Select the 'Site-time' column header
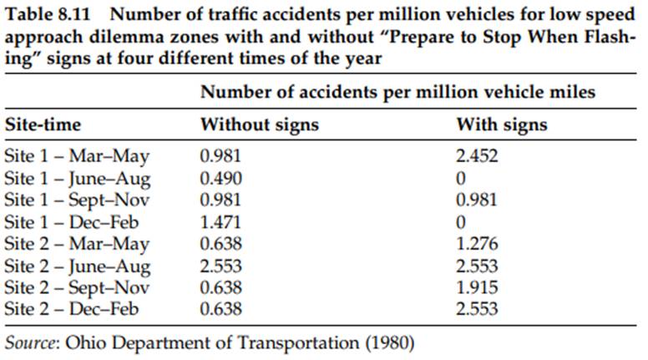pos(43,125)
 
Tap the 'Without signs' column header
pos(259,125)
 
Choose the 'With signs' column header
pos(501,125)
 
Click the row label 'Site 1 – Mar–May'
pos(77,155)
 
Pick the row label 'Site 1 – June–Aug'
pos(78,177)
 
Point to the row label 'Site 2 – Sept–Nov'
pos(78,287)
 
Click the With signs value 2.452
pos(476,155)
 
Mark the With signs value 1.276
pos(476,243)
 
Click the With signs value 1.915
pos(476,287)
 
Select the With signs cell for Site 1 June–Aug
pos(461,177)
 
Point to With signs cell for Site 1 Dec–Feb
pos(461,221)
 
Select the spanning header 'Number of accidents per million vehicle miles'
pos(397,92)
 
